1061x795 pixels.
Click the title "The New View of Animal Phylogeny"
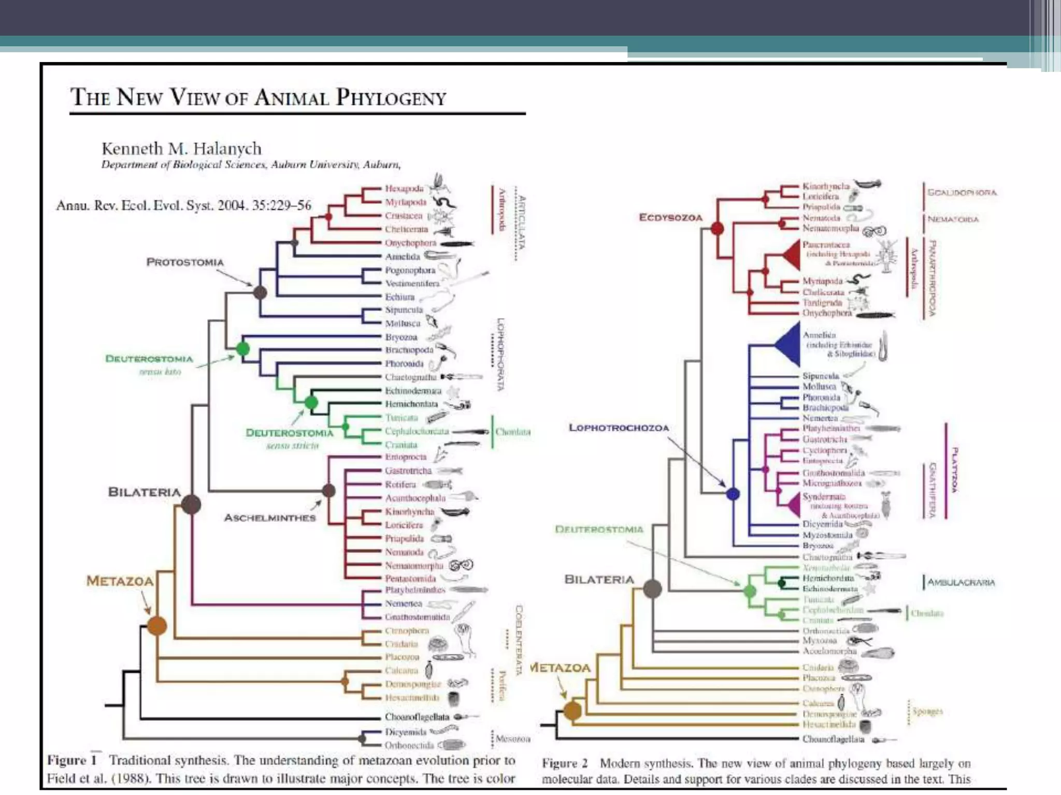258,97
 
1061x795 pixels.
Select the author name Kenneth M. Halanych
181,149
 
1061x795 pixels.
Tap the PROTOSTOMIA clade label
185,262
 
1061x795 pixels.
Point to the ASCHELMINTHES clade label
269,518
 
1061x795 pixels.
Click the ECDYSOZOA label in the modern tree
670,217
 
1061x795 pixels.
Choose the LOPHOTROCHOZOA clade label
619,428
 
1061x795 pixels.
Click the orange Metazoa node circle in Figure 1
156,626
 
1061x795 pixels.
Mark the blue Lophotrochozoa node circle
733,494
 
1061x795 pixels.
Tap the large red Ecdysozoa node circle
717,228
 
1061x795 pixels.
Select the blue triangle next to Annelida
788,344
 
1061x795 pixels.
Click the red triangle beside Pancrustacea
792,254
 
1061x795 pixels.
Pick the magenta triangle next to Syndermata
794,505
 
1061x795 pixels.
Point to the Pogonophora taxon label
410,270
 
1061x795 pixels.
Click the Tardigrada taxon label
822,303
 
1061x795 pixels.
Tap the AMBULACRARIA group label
960,582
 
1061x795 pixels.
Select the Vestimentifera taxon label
412,284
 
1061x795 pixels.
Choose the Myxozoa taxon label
819,641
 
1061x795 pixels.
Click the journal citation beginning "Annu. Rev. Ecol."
183,205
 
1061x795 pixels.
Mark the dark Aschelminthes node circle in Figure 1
328,490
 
